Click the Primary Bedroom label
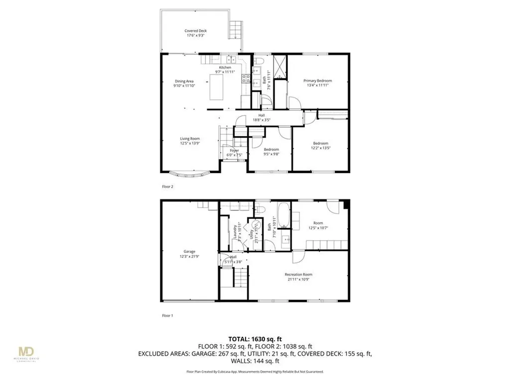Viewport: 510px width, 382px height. coord(318,81)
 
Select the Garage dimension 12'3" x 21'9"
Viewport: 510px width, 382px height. coord(189,256)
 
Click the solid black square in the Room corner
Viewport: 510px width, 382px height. coord(347,203)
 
